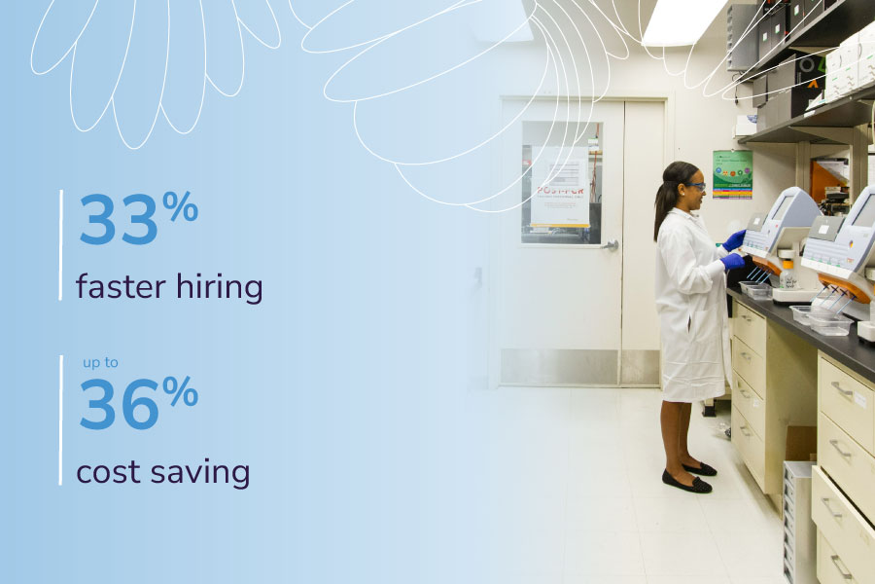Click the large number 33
(119, 219)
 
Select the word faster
(122, 287)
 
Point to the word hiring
(220, 287)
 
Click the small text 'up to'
(100, 363)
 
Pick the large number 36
(120, 404)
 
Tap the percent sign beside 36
(180, 390)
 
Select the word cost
(108, 473)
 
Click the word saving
(199, 473)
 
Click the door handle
(610, 244)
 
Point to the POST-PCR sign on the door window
(560, 187)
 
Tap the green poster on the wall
(732, 174)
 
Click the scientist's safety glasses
(696, 186)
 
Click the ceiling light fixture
(683, 21)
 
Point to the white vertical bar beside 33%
(61, 244)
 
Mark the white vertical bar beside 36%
(61, 420)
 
